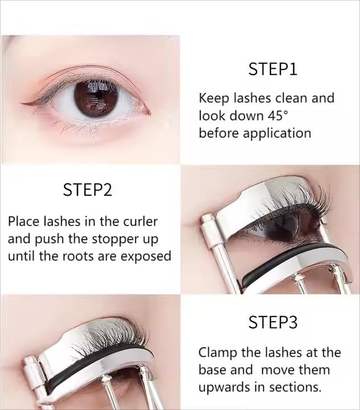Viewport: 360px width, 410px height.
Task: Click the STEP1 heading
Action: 273,69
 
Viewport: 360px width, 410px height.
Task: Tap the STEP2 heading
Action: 87,190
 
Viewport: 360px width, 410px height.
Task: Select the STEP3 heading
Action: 273,322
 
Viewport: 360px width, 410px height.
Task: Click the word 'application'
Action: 277,134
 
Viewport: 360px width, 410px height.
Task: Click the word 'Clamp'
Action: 218,353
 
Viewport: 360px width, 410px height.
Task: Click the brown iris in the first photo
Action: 94,99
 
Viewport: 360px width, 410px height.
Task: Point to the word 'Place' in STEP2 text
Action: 23,222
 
